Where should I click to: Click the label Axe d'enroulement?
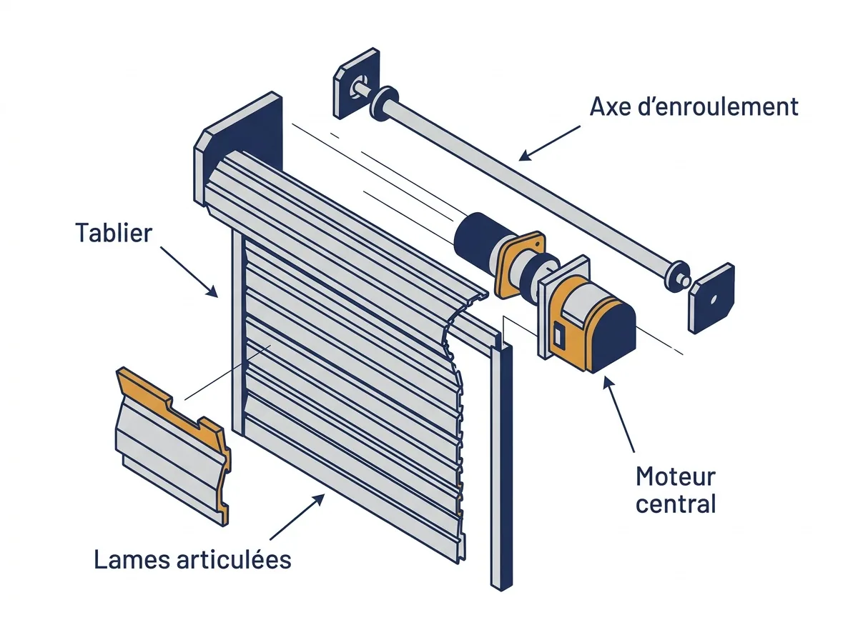(x=694, y=106)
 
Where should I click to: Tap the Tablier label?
(x=114, y=233)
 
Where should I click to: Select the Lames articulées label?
(x=193, y=559)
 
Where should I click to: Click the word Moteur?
(x=676, y=476)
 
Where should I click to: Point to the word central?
(x=676, y=504)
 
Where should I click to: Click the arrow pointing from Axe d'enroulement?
(x=549, y=143)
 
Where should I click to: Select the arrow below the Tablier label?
(x=189, y=271)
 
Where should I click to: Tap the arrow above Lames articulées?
(x=297, y=516)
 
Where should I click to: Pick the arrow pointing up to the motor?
(x=618, y=414)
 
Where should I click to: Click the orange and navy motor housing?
(x=591, y=329)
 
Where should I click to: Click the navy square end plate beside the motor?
(x=711, y=299)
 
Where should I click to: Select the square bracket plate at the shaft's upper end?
(x=355, y=84)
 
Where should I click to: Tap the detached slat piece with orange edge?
(x=173, y=446)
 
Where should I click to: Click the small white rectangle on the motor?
(x=558, y=334)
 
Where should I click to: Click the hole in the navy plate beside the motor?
(x=714, y=299)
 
